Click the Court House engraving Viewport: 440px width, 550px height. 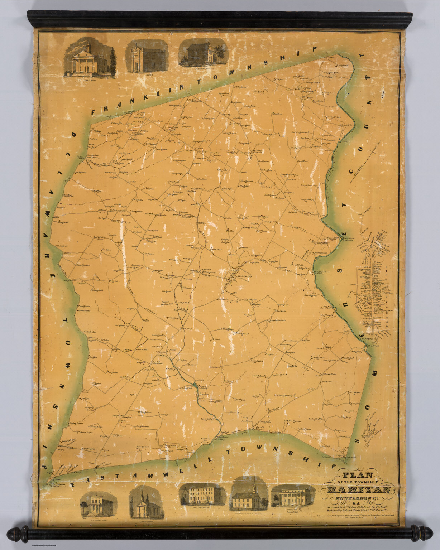pyautogui.click(x=90, y=59)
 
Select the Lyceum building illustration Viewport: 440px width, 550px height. pyautogui.click(x=146, y=57)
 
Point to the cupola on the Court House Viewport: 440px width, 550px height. pyautogui.click(x=89, y=45)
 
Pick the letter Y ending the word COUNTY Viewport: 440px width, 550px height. pyautogui.click(x=360, y=56)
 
